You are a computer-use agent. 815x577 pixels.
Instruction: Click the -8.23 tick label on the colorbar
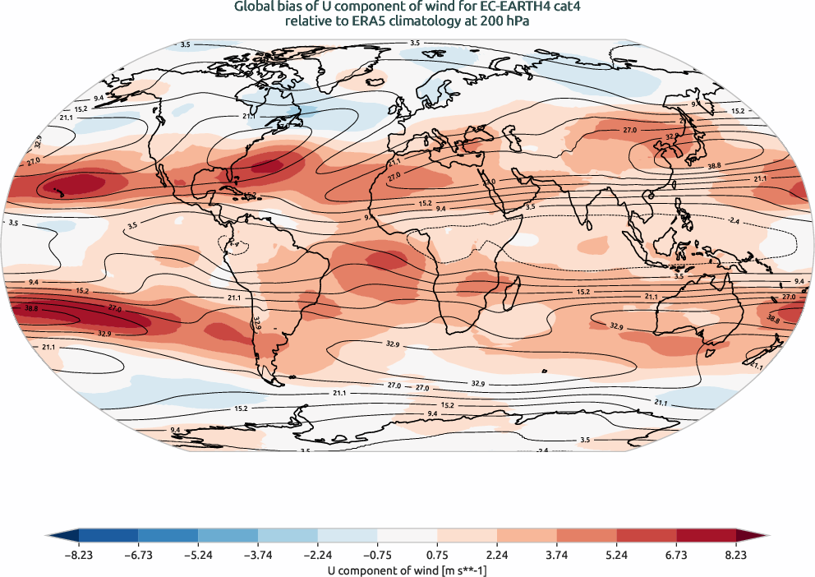tap(79, 556)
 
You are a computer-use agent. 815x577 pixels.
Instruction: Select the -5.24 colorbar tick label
tap(198, 556)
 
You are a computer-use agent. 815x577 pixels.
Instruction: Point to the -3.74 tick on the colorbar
tap(258, 556)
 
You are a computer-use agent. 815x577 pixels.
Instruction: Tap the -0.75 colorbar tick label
tap(378, 556)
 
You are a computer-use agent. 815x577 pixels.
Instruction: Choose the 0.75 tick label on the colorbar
tap(438, 556)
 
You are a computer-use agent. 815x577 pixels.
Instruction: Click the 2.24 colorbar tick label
tap(498, 556)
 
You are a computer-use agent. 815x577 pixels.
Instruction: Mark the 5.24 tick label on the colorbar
tap(617, 556)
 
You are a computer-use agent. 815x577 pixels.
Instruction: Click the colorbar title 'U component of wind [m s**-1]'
tap(407, 569)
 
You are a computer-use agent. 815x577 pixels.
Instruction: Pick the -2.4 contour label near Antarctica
tap(541, 450)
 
